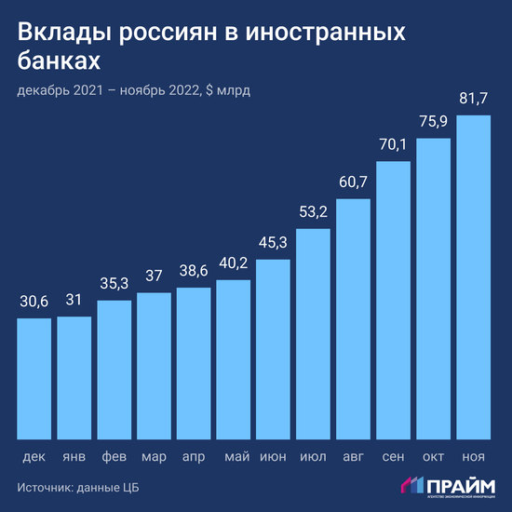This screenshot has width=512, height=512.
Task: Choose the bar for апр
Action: (x=194, y=363)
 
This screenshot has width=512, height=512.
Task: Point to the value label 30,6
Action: (x=34, y=302)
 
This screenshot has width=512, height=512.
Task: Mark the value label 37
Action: (x=154, y=276)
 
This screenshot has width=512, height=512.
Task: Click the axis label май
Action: (x=234, y=457)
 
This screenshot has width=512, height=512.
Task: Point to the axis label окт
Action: (x=434, y=457)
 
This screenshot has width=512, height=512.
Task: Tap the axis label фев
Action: (x=114, y=457)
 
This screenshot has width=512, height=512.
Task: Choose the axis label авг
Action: (x=354, y=457)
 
